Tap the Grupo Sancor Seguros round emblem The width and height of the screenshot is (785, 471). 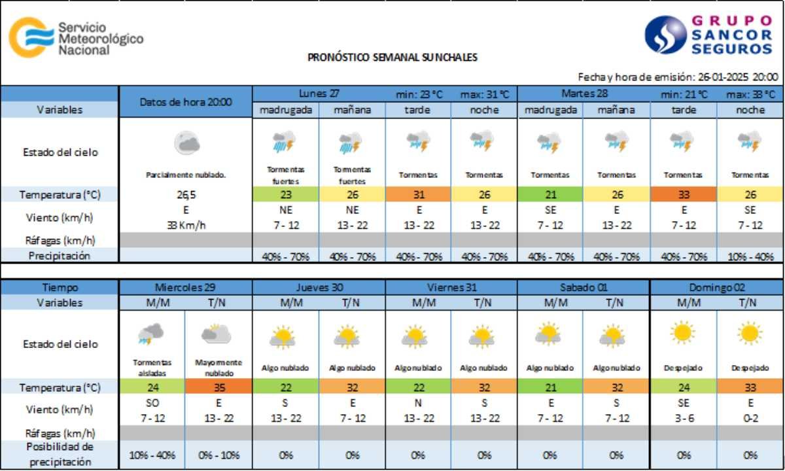(665, 35)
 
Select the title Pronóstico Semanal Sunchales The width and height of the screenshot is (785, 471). (392, 57)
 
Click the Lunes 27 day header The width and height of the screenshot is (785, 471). (319, 93)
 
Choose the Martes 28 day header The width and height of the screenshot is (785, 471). (584, 93)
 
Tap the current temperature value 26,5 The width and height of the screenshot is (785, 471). (186, 194)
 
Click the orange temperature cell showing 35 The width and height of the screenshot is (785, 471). (218, 387)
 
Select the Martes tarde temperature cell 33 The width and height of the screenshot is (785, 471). (683, 194)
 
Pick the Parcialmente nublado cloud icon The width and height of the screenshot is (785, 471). (186, 143)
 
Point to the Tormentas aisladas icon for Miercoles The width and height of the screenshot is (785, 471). (151, 335)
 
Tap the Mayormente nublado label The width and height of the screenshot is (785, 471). (218, 367)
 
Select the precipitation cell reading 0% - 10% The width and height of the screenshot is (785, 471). (218, 455)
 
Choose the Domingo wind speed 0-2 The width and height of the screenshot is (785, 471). (750, 417)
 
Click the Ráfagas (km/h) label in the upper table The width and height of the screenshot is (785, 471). (60, 239)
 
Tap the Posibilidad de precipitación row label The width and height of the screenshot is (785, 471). (60, 454)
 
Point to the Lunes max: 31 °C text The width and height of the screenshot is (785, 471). (484, 94)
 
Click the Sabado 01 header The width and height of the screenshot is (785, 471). (584, 287)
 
